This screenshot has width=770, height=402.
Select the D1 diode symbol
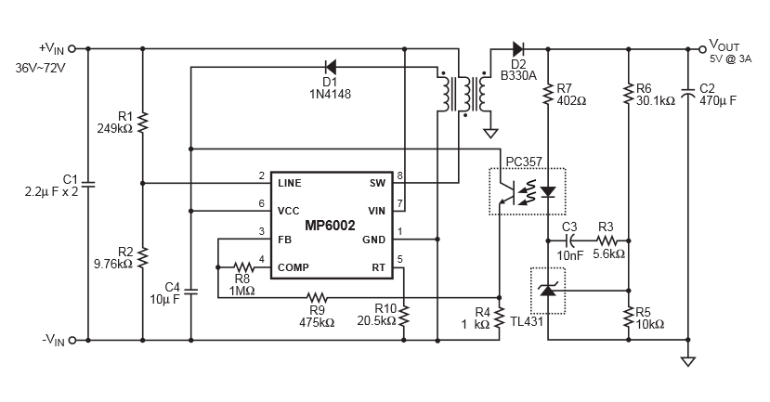pyautogui.click(x=330, y=67)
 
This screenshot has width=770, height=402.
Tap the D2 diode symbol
pyautogui.click(x=517, y=47)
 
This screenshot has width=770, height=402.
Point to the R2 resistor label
pyautogui.click(x=126, y=251)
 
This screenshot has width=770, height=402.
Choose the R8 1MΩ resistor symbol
pyautogui.click(x=242, y=266)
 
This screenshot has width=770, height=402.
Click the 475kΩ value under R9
pyautogui.click(x=317, y=322)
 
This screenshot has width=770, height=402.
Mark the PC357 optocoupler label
pyautogui.click(x=524, y=161)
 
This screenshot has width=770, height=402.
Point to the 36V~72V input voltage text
pyautogui.click(x=40, y=69)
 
